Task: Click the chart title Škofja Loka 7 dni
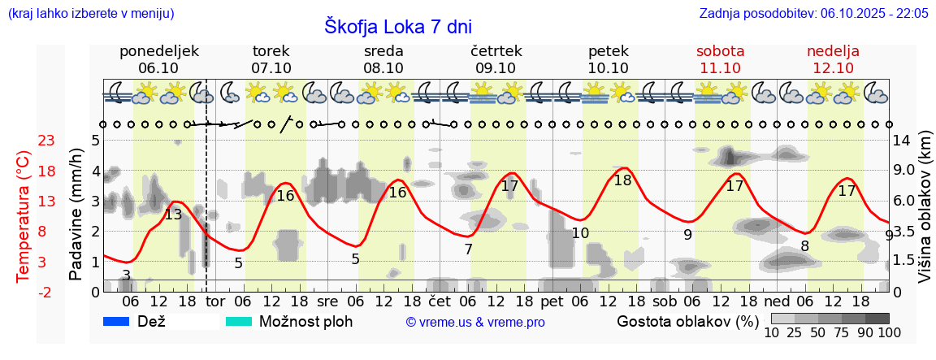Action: pyautogui.click(x=397, y=26)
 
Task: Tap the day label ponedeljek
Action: pyautogui.click(x=158, y=51)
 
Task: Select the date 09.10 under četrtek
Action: pyautogui.click(x=496, y=68)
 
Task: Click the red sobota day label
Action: pyautogui.click(x=720, y=51)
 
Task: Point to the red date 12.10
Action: pyautogui.click(x=833, y=68)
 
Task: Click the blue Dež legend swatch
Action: pyautogui.click(x=118, y=321)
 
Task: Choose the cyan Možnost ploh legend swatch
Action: pyautogui.click(x=239, y=321)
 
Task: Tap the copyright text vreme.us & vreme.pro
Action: pyautogui.click(x=475, y=322)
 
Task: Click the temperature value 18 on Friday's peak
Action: pyautogui.click(x=622, y=180)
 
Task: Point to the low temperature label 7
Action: pyautogui.click(x=468, y=249)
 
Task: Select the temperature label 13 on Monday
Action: pyautogui.click(x=173, y=215)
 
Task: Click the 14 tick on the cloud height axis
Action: pyautogui.click(x=902, y=140)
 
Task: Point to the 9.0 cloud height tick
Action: pyautogui.click(x=905, y=171)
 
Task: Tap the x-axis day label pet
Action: pyautogui.click(x=552, y=301)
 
